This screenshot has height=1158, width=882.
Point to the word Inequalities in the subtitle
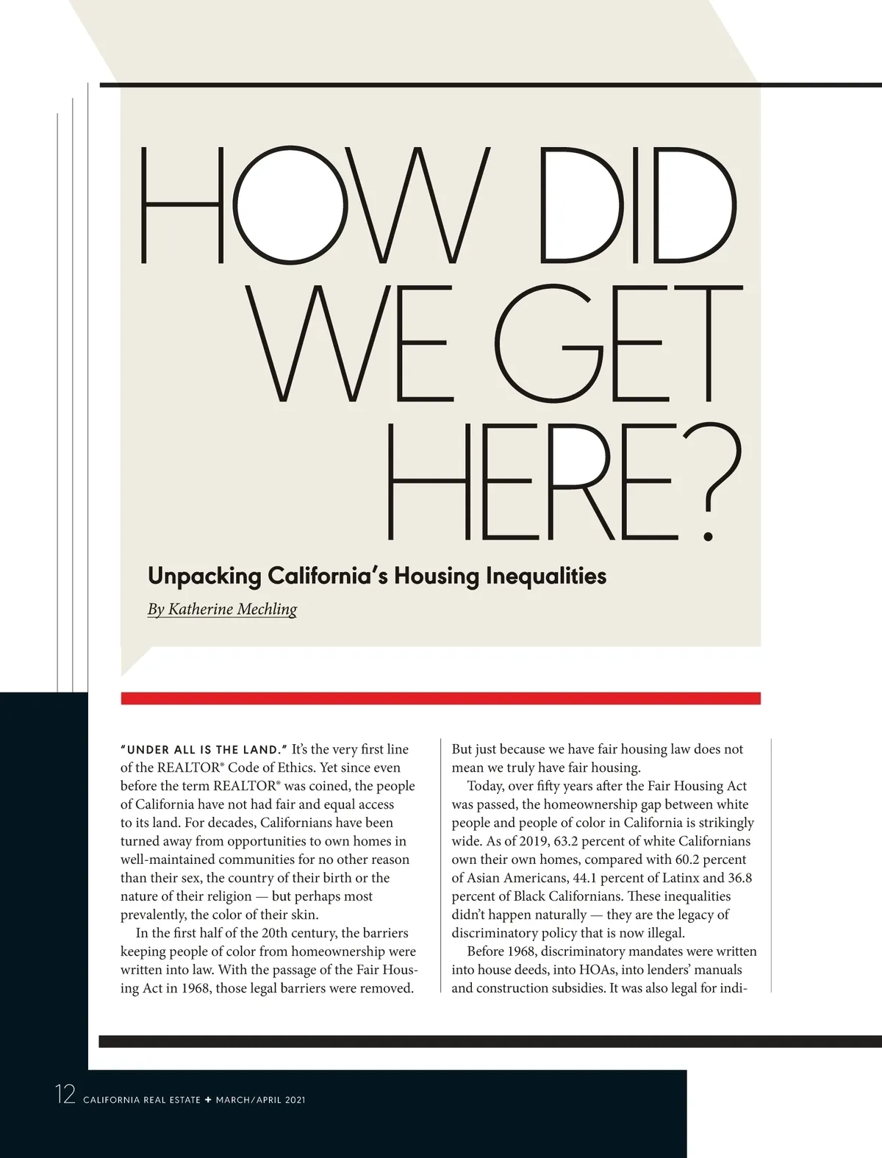click(546, 575)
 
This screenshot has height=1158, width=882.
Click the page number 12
click(65, 1095)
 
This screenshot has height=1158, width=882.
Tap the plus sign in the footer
click(208, 1100)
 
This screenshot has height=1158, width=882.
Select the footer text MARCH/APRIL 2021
click(260, 1100)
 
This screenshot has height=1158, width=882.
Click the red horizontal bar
click(441, 698)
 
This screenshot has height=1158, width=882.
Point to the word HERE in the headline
click(529, 485)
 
